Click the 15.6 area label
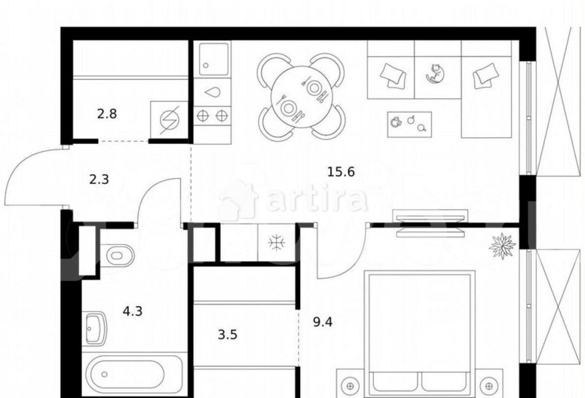click(x=340, y=172)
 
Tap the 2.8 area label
click(x=106, y=114)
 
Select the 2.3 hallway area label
click(x=99, y=180)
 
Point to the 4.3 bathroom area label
click(x=132, y=311)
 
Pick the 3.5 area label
click(x=228, y=335)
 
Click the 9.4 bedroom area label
click(x=323, y=322)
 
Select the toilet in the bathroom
click(x=117, y=256)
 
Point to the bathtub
click(x=135, y=375)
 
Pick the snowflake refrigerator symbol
click(x=277, y=243)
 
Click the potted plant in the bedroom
click(x=502, y=246)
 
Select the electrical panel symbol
click(x=169, y=119)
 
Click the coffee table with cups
click(x=409, y=124)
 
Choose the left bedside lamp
click(x=350, y=386)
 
